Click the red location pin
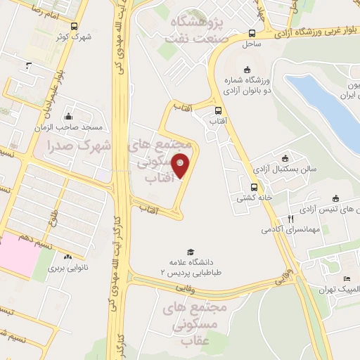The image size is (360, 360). point(181,165)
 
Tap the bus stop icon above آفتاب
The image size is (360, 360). point(218,110)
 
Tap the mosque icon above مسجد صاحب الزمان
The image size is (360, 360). point(68,117)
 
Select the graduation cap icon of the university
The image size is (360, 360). point(189,252)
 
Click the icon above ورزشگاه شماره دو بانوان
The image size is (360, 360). point(246,70)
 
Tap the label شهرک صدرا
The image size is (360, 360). point(77,147)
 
